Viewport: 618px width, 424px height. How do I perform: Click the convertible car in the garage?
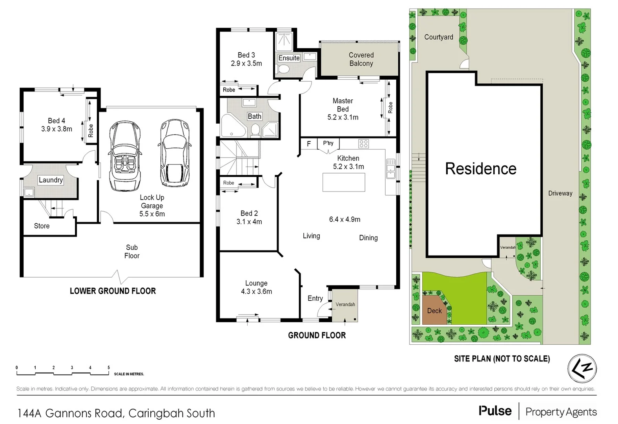125,155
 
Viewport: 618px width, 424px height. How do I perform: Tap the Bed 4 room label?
57,121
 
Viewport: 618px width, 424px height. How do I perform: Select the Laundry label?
51,180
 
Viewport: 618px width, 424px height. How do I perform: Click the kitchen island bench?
344,182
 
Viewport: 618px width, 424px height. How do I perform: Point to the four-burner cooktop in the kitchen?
363,144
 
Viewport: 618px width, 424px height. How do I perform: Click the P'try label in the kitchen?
328,143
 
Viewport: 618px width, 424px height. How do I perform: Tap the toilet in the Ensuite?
283,69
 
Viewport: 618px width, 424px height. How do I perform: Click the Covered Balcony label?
361,59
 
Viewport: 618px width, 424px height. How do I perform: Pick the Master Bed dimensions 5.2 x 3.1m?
343,117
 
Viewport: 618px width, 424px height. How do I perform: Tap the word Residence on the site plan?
481,169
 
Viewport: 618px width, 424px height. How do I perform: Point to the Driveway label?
560,193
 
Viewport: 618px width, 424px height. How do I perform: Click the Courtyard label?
438,37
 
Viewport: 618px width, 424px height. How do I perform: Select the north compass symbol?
582,369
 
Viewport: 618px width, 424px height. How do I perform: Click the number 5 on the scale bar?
109,368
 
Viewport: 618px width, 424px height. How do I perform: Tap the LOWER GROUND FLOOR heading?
113,291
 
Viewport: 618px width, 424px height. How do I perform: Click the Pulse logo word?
495,411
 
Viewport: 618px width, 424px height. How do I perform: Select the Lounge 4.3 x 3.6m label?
256,287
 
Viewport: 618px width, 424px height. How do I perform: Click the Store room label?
42,226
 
